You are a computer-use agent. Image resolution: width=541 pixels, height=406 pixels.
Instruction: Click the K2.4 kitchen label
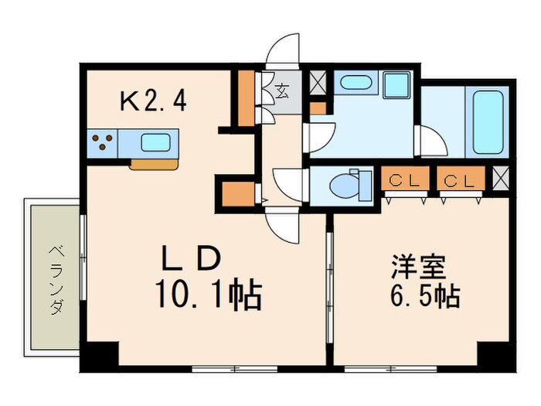pyautogui.click(x=151, y=101)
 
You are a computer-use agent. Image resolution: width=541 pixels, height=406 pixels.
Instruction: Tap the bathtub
pyautogui.click(x=488, y=121)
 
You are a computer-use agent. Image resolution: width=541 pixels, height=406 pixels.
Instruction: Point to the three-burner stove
pyautogui.click(x=104, y=143)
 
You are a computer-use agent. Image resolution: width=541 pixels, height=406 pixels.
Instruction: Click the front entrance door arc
pyautogui.click(x=282, y=48)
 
